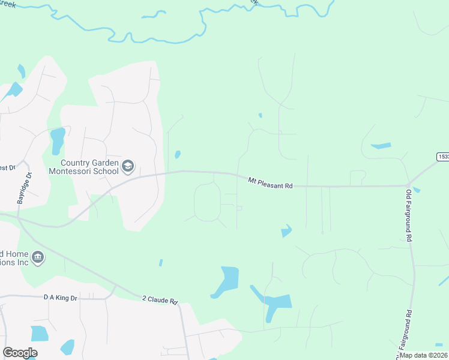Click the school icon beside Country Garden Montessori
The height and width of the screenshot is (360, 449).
[128, 166]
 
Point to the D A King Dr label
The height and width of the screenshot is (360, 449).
[61, 296]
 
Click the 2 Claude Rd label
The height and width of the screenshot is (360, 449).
[160, 300]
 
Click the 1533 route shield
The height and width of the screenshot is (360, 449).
[443, 157]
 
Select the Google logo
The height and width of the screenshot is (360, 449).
[20, 353]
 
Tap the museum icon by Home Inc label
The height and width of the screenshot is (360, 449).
[38, 258]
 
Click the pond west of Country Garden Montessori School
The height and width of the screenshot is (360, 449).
[58, 141]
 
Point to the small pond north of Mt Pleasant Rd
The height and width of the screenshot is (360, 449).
[178, 155]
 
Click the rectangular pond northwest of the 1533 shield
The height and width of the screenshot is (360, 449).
[381, 146]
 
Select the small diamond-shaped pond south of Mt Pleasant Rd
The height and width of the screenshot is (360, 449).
[287, 230]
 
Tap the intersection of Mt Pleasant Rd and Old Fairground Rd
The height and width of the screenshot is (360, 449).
[408, 185]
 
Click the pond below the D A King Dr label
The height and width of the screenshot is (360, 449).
[39, 334]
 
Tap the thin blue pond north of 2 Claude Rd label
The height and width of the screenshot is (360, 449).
[160, 262]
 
